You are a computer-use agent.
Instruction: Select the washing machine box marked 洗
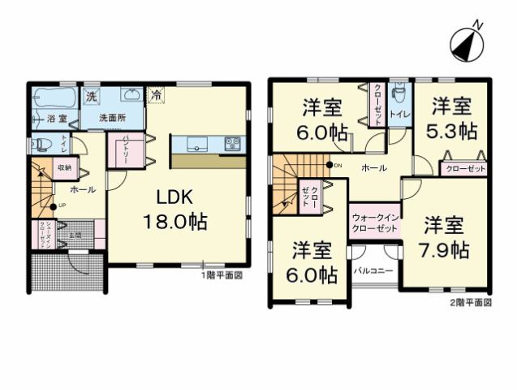click(92, 97)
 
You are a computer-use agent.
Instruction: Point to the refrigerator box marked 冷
click(155, 95)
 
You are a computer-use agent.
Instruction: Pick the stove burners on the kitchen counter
click(232, 145)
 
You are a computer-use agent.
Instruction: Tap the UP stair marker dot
click(52, 206)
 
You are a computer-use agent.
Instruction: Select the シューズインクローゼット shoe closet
click(40, 235)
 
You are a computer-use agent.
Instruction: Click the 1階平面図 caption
click(222, 275)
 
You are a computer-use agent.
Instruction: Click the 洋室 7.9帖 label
click(446, 237)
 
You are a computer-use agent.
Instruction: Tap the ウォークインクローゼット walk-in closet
click(375, 223)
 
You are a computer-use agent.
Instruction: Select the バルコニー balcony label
click(374, 267)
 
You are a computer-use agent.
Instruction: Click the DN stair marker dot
click(329, 166)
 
